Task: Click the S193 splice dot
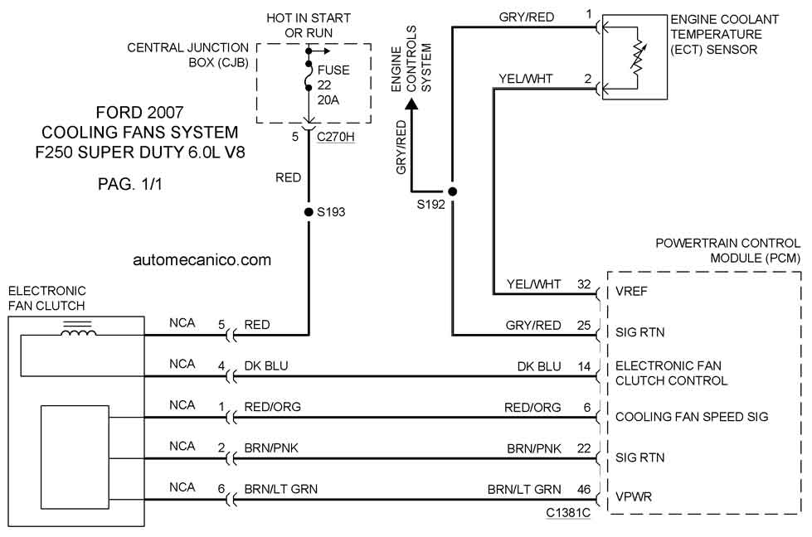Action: pos(309,211)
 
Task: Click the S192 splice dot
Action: pos(452,191)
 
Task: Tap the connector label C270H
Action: pos(336,137)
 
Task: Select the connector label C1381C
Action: pos(568,512)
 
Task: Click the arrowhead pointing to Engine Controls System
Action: pos(411,104)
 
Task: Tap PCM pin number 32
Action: pos(584,284)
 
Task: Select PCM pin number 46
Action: pos(584,490)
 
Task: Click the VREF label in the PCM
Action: pos(631,291)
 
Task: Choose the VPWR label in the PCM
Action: pos(634,496)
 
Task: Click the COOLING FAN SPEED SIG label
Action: pos(692,417)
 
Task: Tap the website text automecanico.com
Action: pos(202,259)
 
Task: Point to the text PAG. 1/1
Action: pos(130,184)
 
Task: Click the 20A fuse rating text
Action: pos(328,99)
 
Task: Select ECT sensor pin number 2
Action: pos(588,79)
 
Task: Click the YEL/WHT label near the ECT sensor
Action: pos(526,79)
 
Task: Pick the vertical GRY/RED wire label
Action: pos(401,147)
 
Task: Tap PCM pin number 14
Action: pos(584,366)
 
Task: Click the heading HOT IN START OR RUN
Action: pos(309,26)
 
